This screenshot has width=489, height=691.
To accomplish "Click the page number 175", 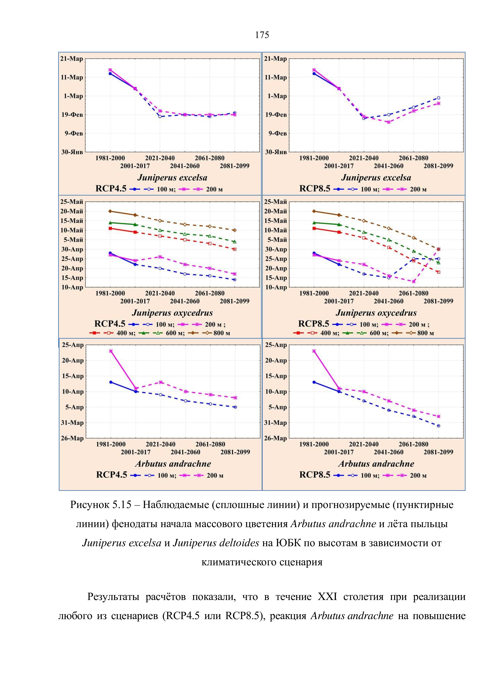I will point(262,35).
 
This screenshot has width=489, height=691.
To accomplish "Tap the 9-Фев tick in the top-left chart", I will point(74,133).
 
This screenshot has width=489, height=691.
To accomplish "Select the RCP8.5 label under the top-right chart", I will point(314,189).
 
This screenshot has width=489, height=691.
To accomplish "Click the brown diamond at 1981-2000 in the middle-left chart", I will point(110,211).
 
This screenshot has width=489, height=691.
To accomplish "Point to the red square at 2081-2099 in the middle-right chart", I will point(438,272).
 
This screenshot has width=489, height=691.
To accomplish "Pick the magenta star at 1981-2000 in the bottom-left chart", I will point(111,351).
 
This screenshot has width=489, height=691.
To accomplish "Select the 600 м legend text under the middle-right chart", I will point(379,333).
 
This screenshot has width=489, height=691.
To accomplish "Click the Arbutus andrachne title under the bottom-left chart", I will point(173,464).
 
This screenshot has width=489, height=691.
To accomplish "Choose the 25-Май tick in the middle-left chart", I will point(72,202).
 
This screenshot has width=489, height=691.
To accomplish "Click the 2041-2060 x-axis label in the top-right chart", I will point(388,166).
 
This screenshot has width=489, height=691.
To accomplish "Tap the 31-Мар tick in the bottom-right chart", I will point(276,423).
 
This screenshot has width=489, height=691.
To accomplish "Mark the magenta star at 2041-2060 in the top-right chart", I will point(389,122).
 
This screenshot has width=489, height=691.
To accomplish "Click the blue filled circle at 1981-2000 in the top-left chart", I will point(110,73).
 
